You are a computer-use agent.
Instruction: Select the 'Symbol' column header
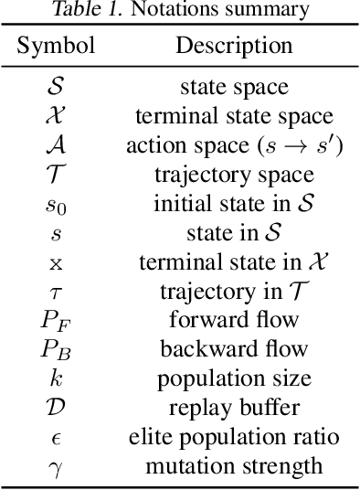click(56, 46)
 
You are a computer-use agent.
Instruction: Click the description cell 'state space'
click(234, 88)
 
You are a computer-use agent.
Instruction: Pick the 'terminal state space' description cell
click(234, 116)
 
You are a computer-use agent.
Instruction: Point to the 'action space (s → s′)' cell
click(234, 145)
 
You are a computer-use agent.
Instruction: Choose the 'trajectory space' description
click(234, 175)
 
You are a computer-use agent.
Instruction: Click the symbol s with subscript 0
click(56, 205)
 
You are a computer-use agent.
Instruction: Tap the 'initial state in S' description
click(234, 204)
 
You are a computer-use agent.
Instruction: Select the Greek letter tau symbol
click(56, 292)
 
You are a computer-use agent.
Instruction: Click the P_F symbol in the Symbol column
click(56, 320)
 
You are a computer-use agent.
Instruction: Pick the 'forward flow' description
click(234, 320)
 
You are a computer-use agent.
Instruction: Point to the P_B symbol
click(56, 349)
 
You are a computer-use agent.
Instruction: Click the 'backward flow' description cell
click(234, 349)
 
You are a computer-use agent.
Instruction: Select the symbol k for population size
click(56, 378)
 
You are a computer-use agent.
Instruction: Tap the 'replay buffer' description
click(234, 408)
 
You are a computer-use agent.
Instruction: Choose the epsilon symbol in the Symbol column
click(56, 437)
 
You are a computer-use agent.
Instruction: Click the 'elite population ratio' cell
click(234, 437)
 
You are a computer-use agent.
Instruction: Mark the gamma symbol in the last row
click(56, 467)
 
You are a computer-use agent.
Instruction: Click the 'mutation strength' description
click(234, 466)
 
